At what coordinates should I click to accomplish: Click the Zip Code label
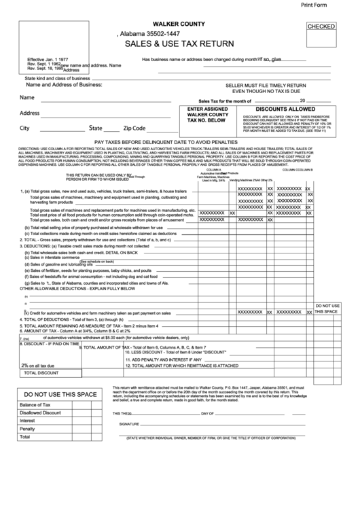point(134,128)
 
